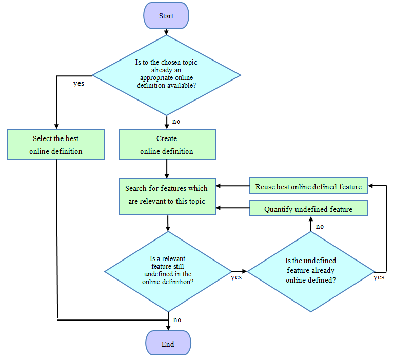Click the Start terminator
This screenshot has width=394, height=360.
click(x=166, y=15)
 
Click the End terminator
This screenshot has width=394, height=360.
click(x=168, y=343)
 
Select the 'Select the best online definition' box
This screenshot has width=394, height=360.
click(x=56, y=145)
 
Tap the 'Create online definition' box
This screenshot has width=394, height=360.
click(x=167, y=145)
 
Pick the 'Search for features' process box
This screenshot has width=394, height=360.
click(x=167, y=197)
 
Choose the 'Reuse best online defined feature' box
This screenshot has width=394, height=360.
click(x=308, y=186)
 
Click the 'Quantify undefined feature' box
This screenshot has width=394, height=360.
click(x=308, y=208)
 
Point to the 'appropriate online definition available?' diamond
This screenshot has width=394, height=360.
click(x=167, y=75)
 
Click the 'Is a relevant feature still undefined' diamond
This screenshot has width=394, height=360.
click(x=168, y=272)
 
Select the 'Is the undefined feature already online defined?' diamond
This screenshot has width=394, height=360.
click(x=311, y=272)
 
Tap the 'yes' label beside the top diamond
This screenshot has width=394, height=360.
click(x=78, y=84)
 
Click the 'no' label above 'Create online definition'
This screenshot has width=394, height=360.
click(x=176, y=122)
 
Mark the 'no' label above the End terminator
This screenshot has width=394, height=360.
click(x=177, y=320)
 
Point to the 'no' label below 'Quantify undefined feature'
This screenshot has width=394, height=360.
click(x=320, y=227)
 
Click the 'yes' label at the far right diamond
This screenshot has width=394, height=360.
click(x=379, y=277)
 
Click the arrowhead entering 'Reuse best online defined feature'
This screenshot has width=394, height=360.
click(x=370, y=186)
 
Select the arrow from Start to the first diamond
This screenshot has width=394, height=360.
click(x=166, y=32)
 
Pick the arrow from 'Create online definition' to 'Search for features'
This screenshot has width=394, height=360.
click(x=167, y=169)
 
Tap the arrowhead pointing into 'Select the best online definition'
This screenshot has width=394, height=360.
click(x=56, y=126)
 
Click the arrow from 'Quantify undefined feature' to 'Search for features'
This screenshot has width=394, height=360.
click(x=232, y=208)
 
